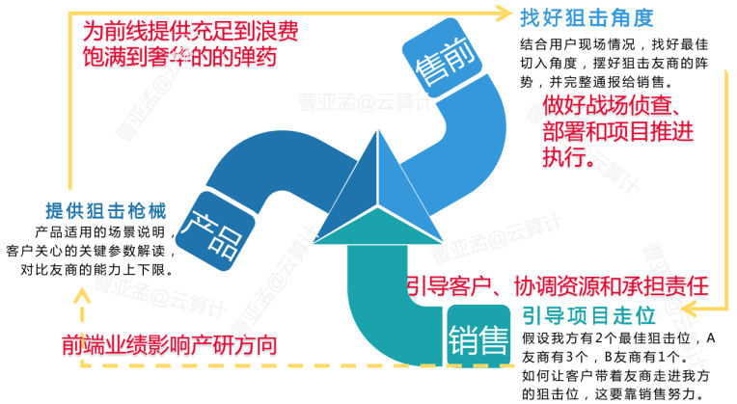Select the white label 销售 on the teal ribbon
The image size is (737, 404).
[478, 337]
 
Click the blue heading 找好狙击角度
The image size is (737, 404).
[586, 17]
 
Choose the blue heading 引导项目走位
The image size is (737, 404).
[588, 315]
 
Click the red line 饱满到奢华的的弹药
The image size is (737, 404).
[180, 57]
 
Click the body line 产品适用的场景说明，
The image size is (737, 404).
[105, 233]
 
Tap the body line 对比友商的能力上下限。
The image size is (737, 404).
[96, 270]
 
